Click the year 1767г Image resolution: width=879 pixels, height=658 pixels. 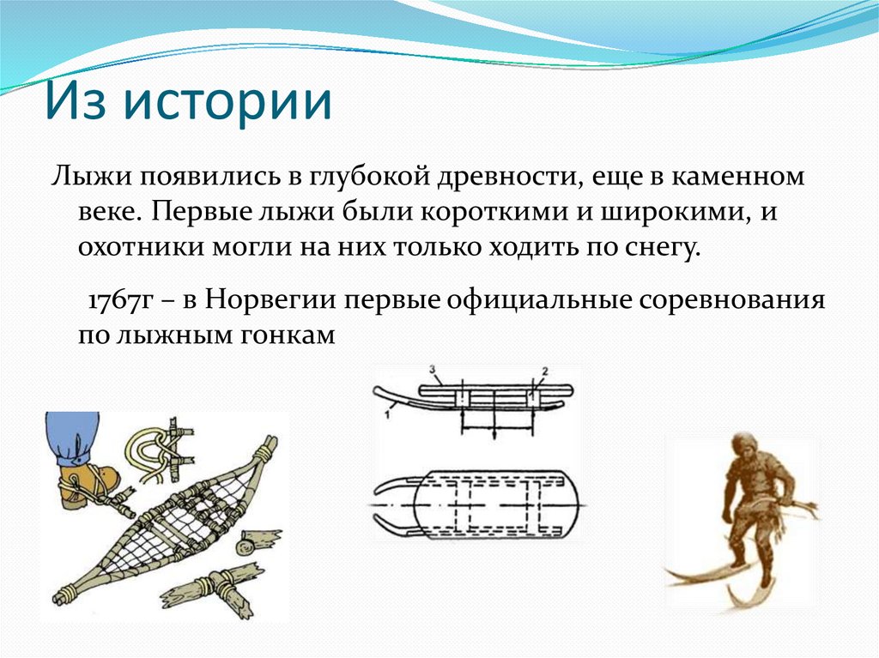pos(120,302)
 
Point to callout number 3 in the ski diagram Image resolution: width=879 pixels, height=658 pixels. pos(433,371)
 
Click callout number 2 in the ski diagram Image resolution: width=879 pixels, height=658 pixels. pos(543,371)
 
